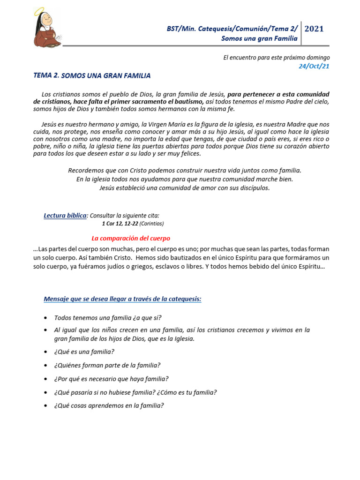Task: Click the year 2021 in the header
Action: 314,29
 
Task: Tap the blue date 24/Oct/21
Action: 314,66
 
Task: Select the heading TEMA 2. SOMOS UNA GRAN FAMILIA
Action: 92,75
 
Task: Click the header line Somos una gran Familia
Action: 259,38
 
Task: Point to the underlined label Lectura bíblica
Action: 66,216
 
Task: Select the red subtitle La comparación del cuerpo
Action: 131,238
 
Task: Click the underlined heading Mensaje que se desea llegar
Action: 122,299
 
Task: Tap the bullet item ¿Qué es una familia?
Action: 84,352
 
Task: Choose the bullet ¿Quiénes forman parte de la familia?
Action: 107,365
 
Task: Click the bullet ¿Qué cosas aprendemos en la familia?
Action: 109,406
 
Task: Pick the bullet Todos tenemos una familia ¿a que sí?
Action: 108,318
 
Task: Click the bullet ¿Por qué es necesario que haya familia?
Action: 111,379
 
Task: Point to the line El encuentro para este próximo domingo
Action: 276,58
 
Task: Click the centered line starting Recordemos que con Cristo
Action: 185,170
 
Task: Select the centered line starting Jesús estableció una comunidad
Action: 185,188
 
